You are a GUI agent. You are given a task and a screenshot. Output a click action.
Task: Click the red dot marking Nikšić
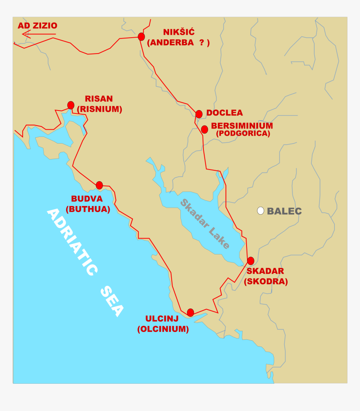click(x=141, y=37)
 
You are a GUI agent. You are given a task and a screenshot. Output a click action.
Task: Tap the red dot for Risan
click(x=71, y=105)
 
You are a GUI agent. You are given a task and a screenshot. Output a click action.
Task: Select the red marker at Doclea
click(x=199, y=114)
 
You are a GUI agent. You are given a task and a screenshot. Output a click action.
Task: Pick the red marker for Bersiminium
click(x=204, y=129)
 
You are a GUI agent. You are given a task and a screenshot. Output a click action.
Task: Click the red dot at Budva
click(x=99, y=185)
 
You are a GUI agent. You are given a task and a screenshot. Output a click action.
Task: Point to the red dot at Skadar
click(x=250, y=261)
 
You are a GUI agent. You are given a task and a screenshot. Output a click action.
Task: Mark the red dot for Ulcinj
click(x=190, y=312)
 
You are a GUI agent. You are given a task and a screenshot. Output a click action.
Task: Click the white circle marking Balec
click(x=260, y=211)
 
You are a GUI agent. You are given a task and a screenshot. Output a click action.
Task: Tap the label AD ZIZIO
click(x=37, y=26)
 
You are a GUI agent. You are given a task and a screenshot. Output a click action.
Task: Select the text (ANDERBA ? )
click(x=178, y=42)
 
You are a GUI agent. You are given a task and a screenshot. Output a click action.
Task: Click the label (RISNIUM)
click(x=100, y=109)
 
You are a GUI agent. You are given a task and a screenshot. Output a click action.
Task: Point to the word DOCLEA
click(x=224, y=113)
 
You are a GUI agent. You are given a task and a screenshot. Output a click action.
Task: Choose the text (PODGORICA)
click(x=243, y=134)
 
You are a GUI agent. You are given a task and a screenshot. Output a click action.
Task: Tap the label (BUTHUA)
click(x=87, y=209)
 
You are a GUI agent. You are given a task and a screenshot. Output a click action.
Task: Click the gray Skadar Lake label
click(x=205, y=224)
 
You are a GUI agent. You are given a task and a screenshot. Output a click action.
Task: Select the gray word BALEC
click(x=284, y=211)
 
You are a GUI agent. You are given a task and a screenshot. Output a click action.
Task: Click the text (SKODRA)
click(x=266, y=281)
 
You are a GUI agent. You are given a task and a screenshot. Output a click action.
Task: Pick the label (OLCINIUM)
click(x=163, y=329)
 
